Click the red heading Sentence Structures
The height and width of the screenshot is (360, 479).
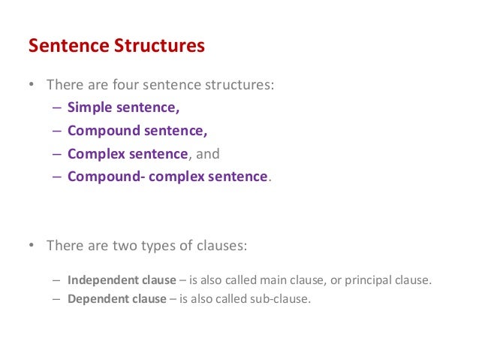pos(116,46)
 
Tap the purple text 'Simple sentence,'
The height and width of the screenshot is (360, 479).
pos(124,107)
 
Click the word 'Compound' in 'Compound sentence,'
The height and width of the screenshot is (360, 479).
pos(104,131)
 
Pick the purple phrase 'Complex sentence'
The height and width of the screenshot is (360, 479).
pos(127,153)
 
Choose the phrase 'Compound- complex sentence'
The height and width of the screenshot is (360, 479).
pos(167,177)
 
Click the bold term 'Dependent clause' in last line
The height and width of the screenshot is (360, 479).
pos(116,298)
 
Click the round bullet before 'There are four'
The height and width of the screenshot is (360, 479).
pos(32,85)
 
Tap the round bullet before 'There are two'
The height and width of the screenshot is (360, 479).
pos(32,246)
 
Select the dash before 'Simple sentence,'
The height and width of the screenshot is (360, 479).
pos(58,107)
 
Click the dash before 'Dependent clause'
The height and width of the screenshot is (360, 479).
pos(58,298)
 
